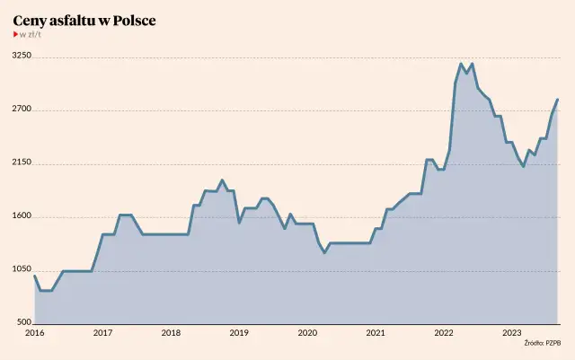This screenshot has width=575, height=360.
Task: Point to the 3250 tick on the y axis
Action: [22, 56]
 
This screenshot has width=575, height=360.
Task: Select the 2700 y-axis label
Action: [22, 110]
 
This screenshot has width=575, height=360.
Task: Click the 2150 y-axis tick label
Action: [22, 162]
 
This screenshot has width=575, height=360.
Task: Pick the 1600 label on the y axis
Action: [22, 216]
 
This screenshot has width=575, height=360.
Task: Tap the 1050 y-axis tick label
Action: [22, 269]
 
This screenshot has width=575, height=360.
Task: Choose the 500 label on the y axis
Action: [24, 322]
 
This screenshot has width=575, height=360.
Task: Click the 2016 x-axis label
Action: [34, 333]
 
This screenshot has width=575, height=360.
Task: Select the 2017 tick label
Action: [102, 333]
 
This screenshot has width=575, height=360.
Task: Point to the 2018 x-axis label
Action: [171, 333]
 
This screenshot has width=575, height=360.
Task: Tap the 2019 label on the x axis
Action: [239, 333]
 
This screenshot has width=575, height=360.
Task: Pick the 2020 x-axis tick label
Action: [307, 333]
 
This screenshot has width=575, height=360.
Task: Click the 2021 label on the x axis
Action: [376, 333]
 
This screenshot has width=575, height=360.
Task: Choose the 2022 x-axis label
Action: [444, 333]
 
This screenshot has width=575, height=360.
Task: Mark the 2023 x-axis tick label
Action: [512, 333]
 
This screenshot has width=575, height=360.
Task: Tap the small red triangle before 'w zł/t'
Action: [15, 35]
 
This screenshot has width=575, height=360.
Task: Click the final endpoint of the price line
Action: [557, 100]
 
